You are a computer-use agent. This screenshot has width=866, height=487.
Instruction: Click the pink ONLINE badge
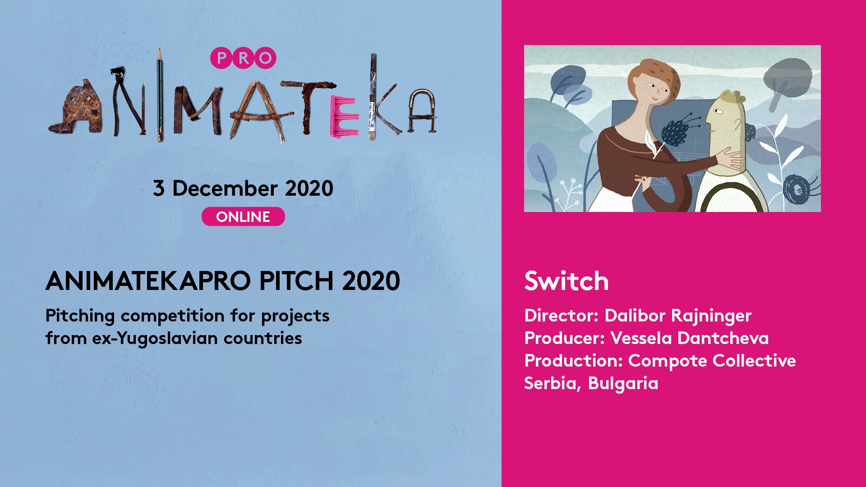click(x=243, y=216)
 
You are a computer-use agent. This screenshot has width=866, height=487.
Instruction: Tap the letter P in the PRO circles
click(x=221, y=58)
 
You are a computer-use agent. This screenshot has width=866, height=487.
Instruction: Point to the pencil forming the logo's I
click(x=159, y=95)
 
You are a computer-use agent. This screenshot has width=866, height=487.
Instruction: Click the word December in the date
click(x=224, y=188)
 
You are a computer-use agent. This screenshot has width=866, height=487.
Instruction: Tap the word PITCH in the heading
click(x=296, y=281)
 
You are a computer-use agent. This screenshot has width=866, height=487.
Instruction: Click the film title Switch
click(x=567, y=281)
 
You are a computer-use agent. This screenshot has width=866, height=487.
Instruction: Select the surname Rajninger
click(x=711, y=316)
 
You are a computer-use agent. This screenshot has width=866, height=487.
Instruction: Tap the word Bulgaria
click(x=623, y=384)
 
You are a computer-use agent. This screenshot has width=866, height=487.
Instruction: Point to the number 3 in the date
click(x=158, y=188)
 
